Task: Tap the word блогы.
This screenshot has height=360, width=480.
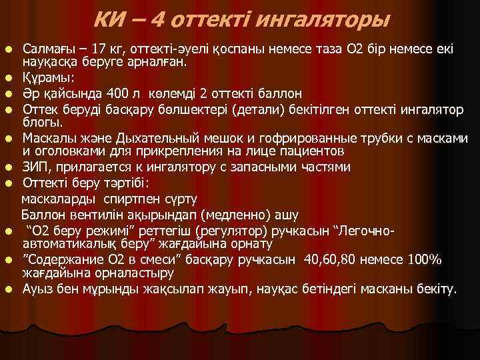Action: pyautogui.click(x=39, y=122)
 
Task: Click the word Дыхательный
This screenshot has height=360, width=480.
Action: pyautogui.click(x=152, y=139)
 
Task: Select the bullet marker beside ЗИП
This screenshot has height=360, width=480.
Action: pyautogui.click(x=8, y=168)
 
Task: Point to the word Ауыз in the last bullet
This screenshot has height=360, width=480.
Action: pyautogui.click(x=36, y=289)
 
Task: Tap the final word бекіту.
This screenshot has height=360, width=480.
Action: pyautogui.click(x=437, y=289)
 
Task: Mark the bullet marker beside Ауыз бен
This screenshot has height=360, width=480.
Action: pyautogui.click(x=8, y=290)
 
